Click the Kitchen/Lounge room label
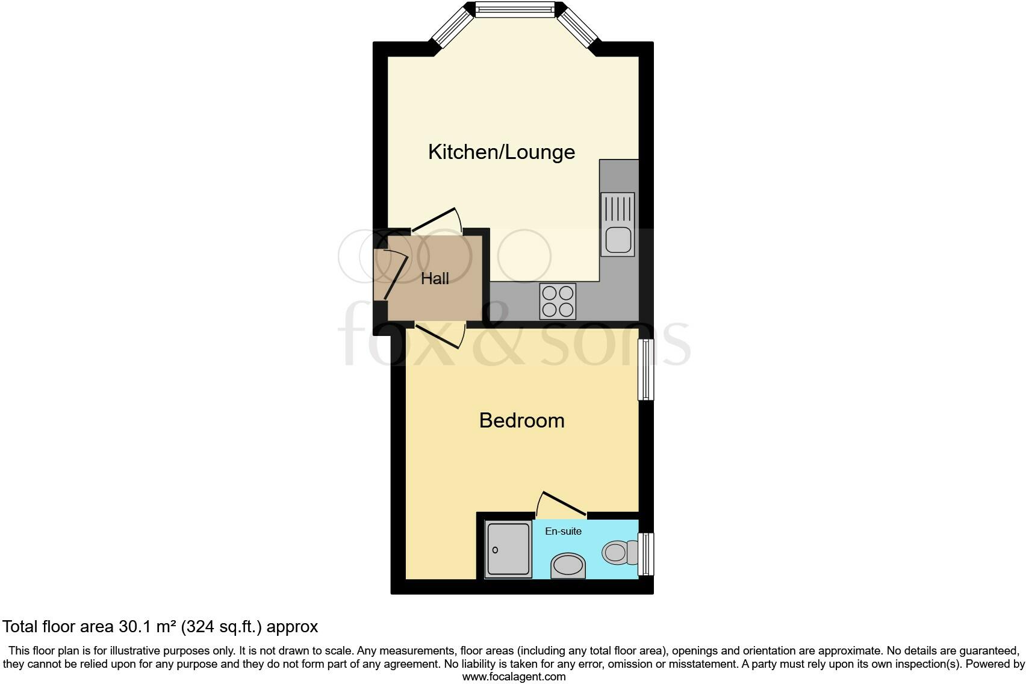tap(501, 152)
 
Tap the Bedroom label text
tap(521, 420)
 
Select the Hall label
tap(435, 279)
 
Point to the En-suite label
tap(563, 531)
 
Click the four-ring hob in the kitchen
tap(558, 301)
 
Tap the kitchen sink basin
tap(618, 240)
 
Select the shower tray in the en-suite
tap(509, 549)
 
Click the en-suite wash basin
tap(568, 566)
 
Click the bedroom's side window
tap(645, 369)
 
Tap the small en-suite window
tap(645, 554)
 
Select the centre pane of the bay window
tap(514, 9)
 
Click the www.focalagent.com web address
tap(514, 676)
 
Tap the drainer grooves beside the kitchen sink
tap(618, 209)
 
